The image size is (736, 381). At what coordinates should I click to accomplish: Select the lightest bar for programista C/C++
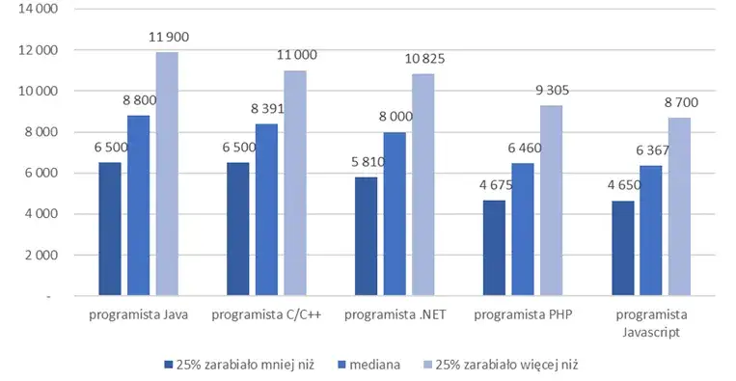(x=295, y=182)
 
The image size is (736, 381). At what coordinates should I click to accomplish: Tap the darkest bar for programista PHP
(x=493, y=247)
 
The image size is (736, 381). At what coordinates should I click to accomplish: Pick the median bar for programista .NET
(x=395, y=213)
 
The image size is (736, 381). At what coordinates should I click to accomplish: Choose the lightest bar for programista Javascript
(x=679, y=206)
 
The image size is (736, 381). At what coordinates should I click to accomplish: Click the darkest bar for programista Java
(x=109, y=228)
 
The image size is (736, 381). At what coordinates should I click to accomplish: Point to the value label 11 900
(x=169, y=37)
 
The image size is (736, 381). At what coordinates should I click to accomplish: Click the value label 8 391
(x=267, y=109)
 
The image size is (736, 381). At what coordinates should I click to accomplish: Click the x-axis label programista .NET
(x=395, y=314)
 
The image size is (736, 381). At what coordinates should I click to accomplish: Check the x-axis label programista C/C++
(x=265, y=314)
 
